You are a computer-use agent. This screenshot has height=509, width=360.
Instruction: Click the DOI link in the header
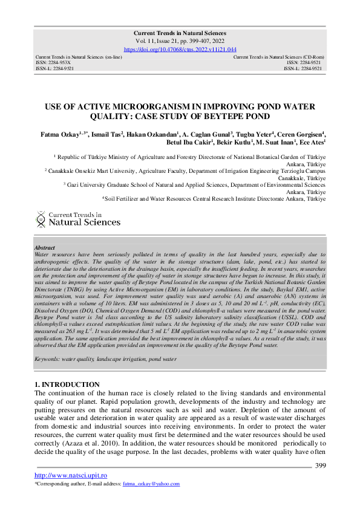180,49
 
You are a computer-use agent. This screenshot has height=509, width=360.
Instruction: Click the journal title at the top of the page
180,33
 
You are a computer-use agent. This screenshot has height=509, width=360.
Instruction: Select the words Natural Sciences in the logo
84,222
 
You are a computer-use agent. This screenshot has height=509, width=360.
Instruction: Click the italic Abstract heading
45,248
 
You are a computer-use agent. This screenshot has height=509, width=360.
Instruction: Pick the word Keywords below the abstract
49,359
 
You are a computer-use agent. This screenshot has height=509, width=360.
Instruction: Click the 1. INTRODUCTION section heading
67,384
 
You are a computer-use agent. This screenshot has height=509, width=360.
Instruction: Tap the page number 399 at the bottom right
321,465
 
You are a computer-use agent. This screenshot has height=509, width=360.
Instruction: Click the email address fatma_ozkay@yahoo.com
151,484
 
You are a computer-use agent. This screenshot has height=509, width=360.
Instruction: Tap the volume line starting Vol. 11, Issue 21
180,41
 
